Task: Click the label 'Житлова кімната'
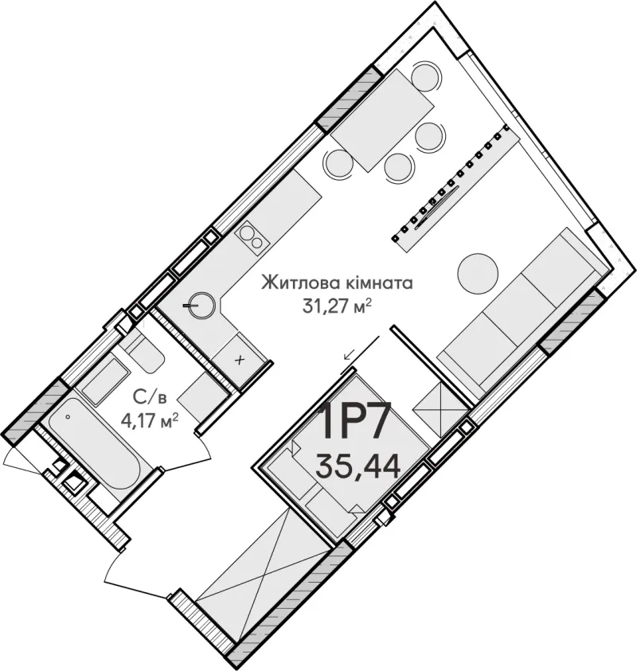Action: tap(337, 283)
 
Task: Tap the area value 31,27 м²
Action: tap(337, 306)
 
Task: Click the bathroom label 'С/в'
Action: tap(150, 398)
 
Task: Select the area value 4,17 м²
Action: tap(150, 422)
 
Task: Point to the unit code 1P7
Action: tap(355, 422)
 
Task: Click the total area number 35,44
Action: tap(358, 466)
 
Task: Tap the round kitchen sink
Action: tap(201, 305)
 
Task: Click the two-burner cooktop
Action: tap(252, 238)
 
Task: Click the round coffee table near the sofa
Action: tap(478, 273)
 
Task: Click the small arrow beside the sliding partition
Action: tap(350, 354)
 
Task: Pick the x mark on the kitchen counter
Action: tap(240, 360)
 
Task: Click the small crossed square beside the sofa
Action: tap(440, 409)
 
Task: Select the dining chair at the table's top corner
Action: tap(425, 76)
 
